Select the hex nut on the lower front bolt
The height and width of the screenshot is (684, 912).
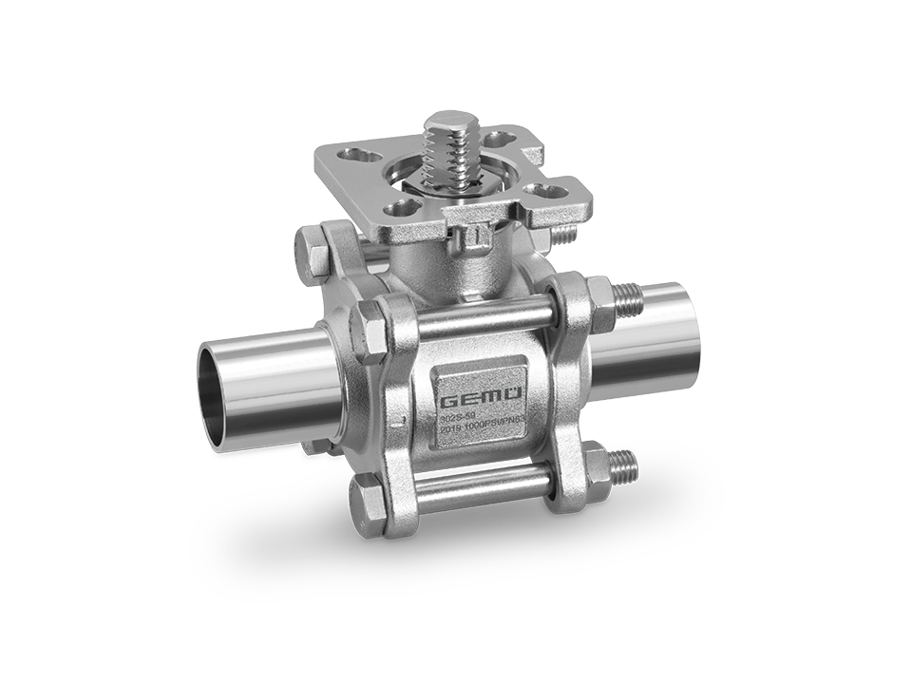[x=596, y=466]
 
